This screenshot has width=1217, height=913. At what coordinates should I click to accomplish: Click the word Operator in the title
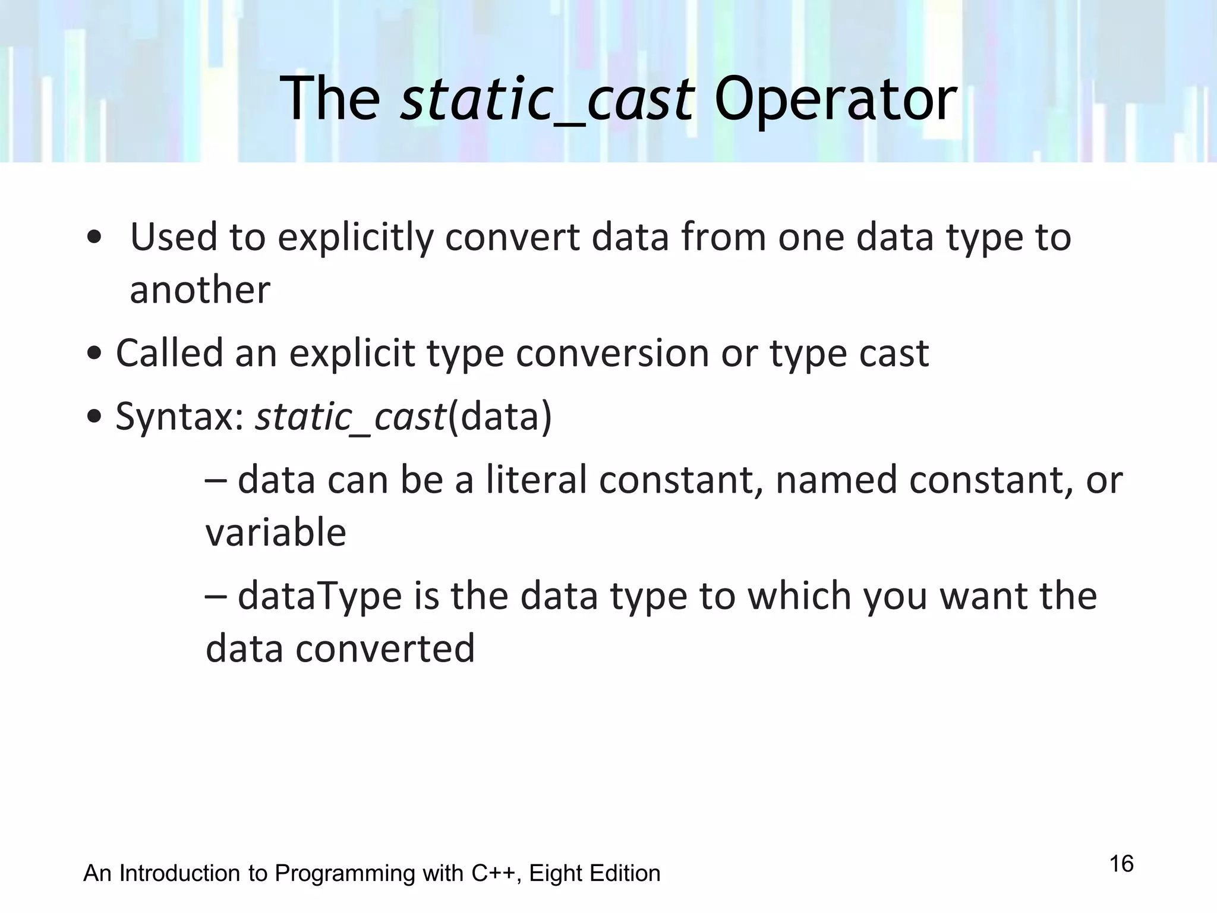835,99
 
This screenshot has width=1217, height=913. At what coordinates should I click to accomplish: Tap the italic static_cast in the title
547,99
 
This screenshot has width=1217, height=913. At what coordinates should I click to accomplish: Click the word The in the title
330,99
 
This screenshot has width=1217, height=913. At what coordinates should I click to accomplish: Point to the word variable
276,532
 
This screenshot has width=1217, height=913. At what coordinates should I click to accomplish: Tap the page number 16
1121,864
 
